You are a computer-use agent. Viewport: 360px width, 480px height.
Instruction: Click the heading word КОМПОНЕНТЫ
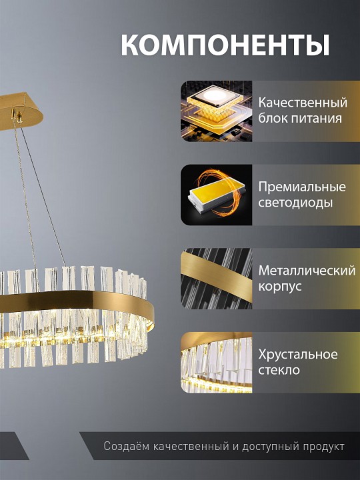tap(225, 45)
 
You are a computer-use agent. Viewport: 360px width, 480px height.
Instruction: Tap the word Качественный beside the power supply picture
tap(303, 103)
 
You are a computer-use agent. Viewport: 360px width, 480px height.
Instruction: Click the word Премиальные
tap(302, 187)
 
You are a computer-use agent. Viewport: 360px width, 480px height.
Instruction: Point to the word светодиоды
tap(295, 203)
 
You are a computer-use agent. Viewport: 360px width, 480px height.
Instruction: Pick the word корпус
tap(280, 287)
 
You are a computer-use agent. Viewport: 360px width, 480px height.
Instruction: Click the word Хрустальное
tap(298, 354)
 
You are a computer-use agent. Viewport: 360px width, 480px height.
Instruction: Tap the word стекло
tap(279, 370)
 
